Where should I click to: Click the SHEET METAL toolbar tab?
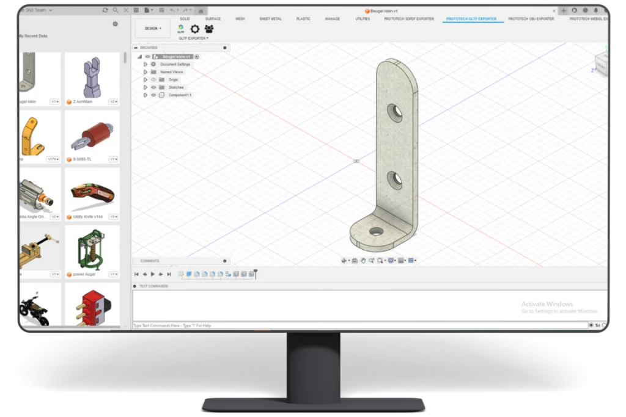[270, 19]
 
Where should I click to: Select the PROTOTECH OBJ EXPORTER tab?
[531, 19]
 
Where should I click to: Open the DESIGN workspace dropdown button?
[152, 29]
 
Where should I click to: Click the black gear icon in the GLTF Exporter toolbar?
[195, 29]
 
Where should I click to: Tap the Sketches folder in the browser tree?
[175, 87]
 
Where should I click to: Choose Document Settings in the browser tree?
[175, 64]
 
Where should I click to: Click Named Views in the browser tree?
[171, 72]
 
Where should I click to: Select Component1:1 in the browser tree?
[180, 95]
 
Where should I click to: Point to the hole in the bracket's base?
[376, 231]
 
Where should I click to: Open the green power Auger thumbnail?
[92, 248]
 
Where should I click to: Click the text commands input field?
[361, 325]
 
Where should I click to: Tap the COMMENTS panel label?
[150, 261]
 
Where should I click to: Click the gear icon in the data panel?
[115, 24]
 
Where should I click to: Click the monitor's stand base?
[313, 404]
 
